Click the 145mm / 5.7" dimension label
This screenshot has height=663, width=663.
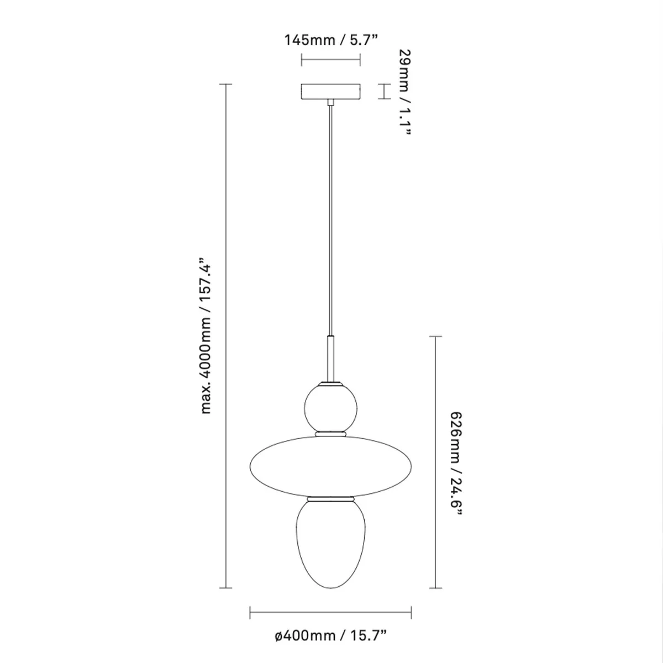click(x=330, y=40)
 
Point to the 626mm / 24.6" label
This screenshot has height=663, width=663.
click(x=455, y=462)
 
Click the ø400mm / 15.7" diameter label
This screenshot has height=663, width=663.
click(x=330, y=636)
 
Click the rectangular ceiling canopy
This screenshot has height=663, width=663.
click(x=330, y=92)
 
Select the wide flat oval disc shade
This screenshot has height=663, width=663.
click(x=330, y=464)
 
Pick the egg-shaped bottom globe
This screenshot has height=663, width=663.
click(x=330, y=541)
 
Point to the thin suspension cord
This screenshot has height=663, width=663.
click(x=330, y=221)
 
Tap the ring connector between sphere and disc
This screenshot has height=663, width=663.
click(x=330, y=434)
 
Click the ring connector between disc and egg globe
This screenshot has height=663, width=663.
click(x=330, y=498)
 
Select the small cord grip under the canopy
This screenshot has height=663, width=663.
click(x=330, y=102)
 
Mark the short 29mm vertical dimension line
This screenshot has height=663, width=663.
click(x=380, y=92)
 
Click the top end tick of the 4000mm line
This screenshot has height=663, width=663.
click(x=225, y=84)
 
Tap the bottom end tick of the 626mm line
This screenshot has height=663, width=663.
click(x=436, y=587)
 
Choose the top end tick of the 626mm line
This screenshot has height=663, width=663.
click(x=436, y=336)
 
